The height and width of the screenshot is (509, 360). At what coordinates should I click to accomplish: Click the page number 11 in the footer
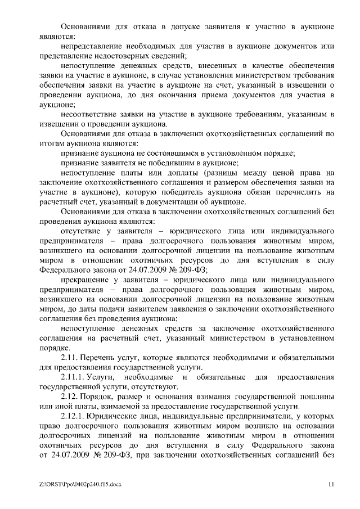(x=331, y=484)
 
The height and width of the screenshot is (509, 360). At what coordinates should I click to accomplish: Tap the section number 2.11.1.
(x=72, y=376)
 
